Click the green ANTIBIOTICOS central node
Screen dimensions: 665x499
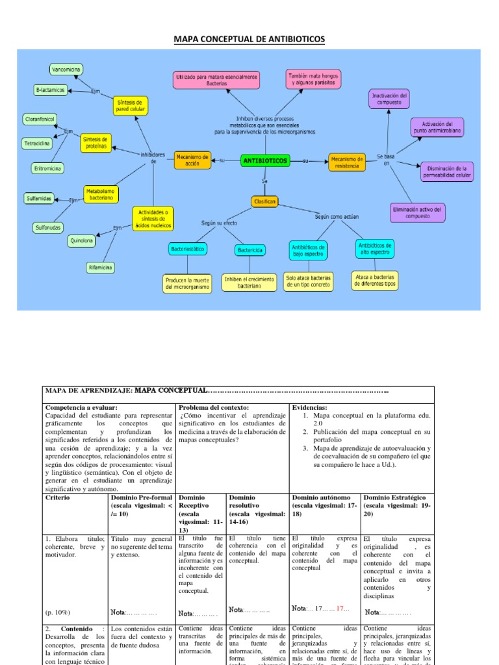265,160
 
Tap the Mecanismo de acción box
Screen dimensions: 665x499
192,160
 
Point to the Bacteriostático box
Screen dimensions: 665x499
187,249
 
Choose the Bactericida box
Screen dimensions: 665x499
251,249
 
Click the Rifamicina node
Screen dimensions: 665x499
101,267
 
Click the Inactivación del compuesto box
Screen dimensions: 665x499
389,98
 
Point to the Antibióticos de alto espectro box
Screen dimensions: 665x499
374,249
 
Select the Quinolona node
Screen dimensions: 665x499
82,240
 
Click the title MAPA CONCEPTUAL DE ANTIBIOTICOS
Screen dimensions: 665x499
249,40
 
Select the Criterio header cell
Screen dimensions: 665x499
58,497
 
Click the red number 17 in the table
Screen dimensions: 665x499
343,609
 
